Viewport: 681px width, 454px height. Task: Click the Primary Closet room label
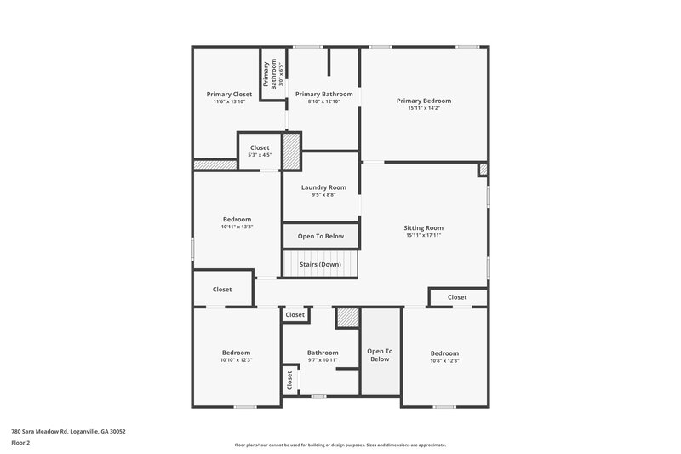tap(229, 94)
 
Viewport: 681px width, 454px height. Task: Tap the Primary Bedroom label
tap(424, 101)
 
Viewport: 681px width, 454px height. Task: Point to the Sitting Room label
tap(423, 227)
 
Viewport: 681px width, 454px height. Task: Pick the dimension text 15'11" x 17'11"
tap(423, 235)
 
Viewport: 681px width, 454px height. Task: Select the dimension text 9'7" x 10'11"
tap(323, 360)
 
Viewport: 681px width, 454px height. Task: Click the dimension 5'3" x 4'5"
tap(260, 155)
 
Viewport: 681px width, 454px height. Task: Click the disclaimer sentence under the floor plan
tap(340, 445)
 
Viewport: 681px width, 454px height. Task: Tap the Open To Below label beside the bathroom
tap(380, 355)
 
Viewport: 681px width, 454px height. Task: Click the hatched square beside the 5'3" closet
tap(291, 151)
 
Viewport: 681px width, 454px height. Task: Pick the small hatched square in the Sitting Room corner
tap(483, 170)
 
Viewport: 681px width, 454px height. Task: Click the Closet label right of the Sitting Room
tap(457, 297)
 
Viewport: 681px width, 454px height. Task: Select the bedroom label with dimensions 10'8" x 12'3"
tap(444, 353)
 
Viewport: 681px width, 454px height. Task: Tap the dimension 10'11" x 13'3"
tap(237, 227)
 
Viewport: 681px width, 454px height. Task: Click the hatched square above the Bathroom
tap(347, 317)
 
